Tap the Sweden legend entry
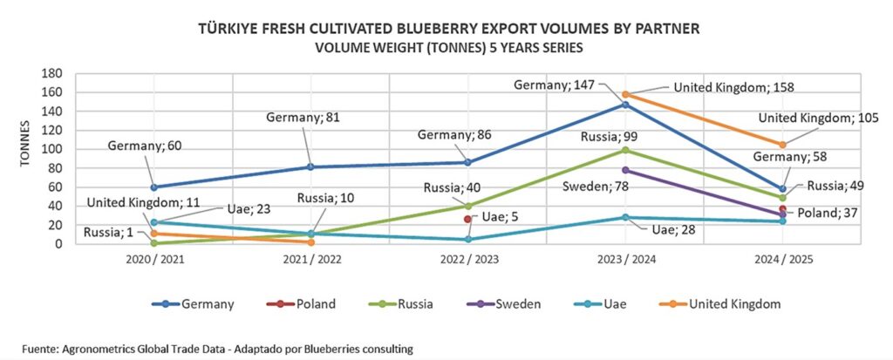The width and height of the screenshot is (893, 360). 516,304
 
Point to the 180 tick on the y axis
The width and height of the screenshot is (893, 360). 52,74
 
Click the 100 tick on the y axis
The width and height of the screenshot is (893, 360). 52,149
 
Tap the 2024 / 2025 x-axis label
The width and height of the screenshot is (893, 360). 782,259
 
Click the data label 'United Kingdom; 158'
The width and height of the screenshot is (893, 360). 730,87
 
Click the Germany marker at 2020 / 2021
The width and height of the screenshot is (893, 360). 154,187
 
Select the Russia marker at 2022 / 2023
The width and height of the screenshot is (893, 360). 468,207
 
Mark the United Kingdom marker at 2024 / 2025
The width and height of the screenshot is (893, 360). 782,145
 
